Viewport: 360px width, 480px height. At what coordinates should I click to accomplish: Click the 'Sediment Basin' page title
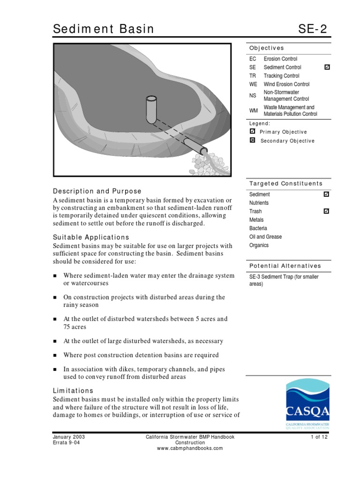[x=103, y=29]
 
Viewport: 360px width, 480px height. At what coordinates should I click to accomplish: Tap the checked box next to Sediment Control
[x=327, y=67]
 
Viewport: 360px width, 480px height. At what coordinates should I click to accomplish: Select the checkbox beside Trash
[x=327, y=211]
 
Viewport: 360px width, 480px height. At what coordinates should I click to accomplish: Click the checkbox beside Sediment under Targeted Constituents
[x=327, y=194]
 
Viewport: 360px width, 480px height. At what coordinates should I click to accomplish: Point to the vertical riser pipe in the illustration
[x=151, y=109]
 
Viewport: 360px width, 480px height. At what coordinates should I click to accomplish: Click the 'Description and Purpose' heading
[x=97, y=191]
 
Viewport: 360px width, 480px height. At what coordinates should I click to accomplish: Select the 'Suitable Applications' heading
[x=91, y=237]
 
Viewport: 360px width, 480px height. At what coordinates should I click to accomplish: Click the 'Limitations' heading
[x=73, y=390]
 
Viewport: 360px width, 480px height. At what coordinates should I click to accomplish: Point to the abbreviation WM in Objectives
[x=254, y=111]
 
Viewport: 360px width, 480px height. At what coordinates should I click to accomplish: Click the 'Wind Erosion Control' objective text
[x=286, y=84]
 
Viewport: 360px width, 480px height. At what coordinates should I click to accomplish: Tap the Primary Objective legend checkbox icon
[x=253, y=132]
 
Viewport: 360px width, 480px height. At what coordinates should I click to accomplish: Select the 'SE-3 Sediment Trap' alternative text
[x=284, y=277]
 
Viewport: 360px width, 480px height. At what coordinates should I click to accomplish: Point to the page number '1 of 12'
[x=318, y=437]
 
